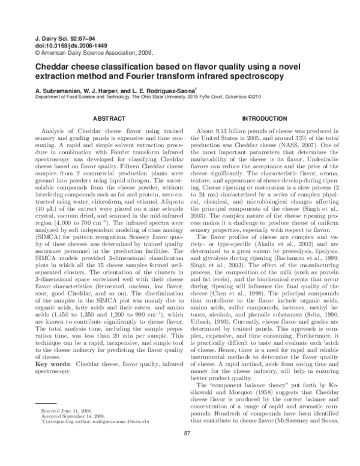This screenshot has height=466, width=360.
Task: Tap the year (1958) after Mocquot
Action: pos(261,382)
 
